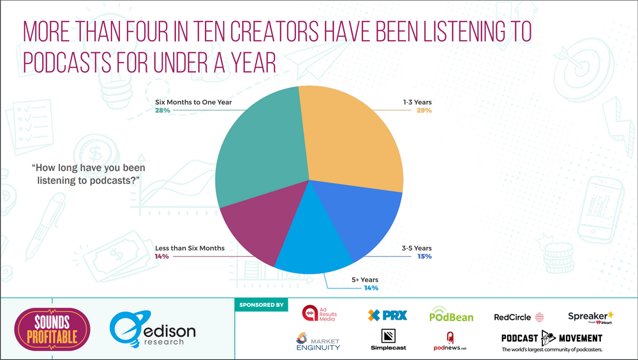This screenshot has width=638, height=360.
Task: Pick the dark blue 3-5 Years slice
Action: coord(364,220)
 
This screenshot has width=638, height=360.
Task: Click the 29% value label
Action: coord(424,110)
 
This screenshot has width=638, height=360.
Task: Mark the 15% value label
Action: coord(425,257)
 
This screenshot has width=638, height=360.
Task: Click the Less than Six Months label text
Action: coord(190,248)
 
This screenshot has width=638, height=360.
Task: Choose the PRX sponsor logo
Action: coord(387,315)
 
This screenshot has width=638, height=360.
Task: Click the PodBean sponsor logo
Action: coord(452,315)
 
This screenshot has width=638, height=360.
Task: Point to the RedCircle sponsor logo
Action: coord(519,317)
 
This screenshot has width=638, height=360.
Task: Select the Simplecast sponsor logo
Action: coord(388,340)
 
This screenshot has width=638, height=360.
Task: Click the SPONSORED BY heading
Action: coord(262,305)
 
